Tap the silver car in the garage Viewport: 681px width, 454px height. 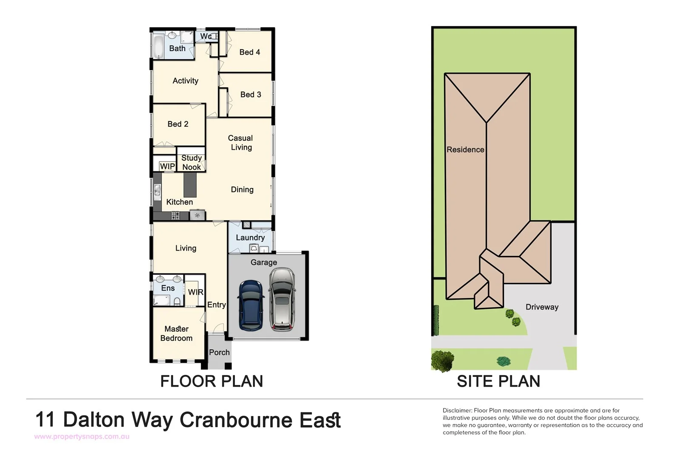point(281,299)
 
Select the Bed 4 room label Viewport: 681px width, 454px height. point(249,52)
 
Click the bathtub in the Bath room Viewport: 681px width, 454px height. point(158,47)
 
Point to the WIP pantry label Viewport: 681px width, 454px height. point(167,167)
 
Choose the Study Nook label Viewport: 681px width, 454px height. point(192,163)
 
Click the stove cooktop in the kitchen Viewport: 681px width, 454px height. point(175,216)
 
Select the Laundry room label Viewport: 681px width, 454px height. point(250,238)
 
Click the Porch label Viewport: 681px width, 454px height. point(219,352)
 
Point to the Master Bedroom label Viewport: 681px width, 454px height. point(176,333)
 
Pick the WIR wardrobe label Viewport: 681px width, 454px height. point(195,292)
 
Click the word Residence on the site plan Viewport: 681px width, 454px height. point(465,149)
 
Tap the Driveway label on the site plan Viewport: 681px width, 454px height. point(541,307)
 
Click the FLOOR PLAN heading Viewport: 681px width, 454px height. point(212,381)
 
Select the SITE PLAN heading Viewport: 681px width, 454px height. point(498,381)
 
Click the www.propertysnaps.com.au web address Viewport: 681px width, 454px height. point(82,437)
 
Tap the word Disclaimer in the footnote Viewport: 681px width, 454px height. point(457,411)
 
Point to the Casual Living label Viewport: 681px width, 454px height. point(240,143)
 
